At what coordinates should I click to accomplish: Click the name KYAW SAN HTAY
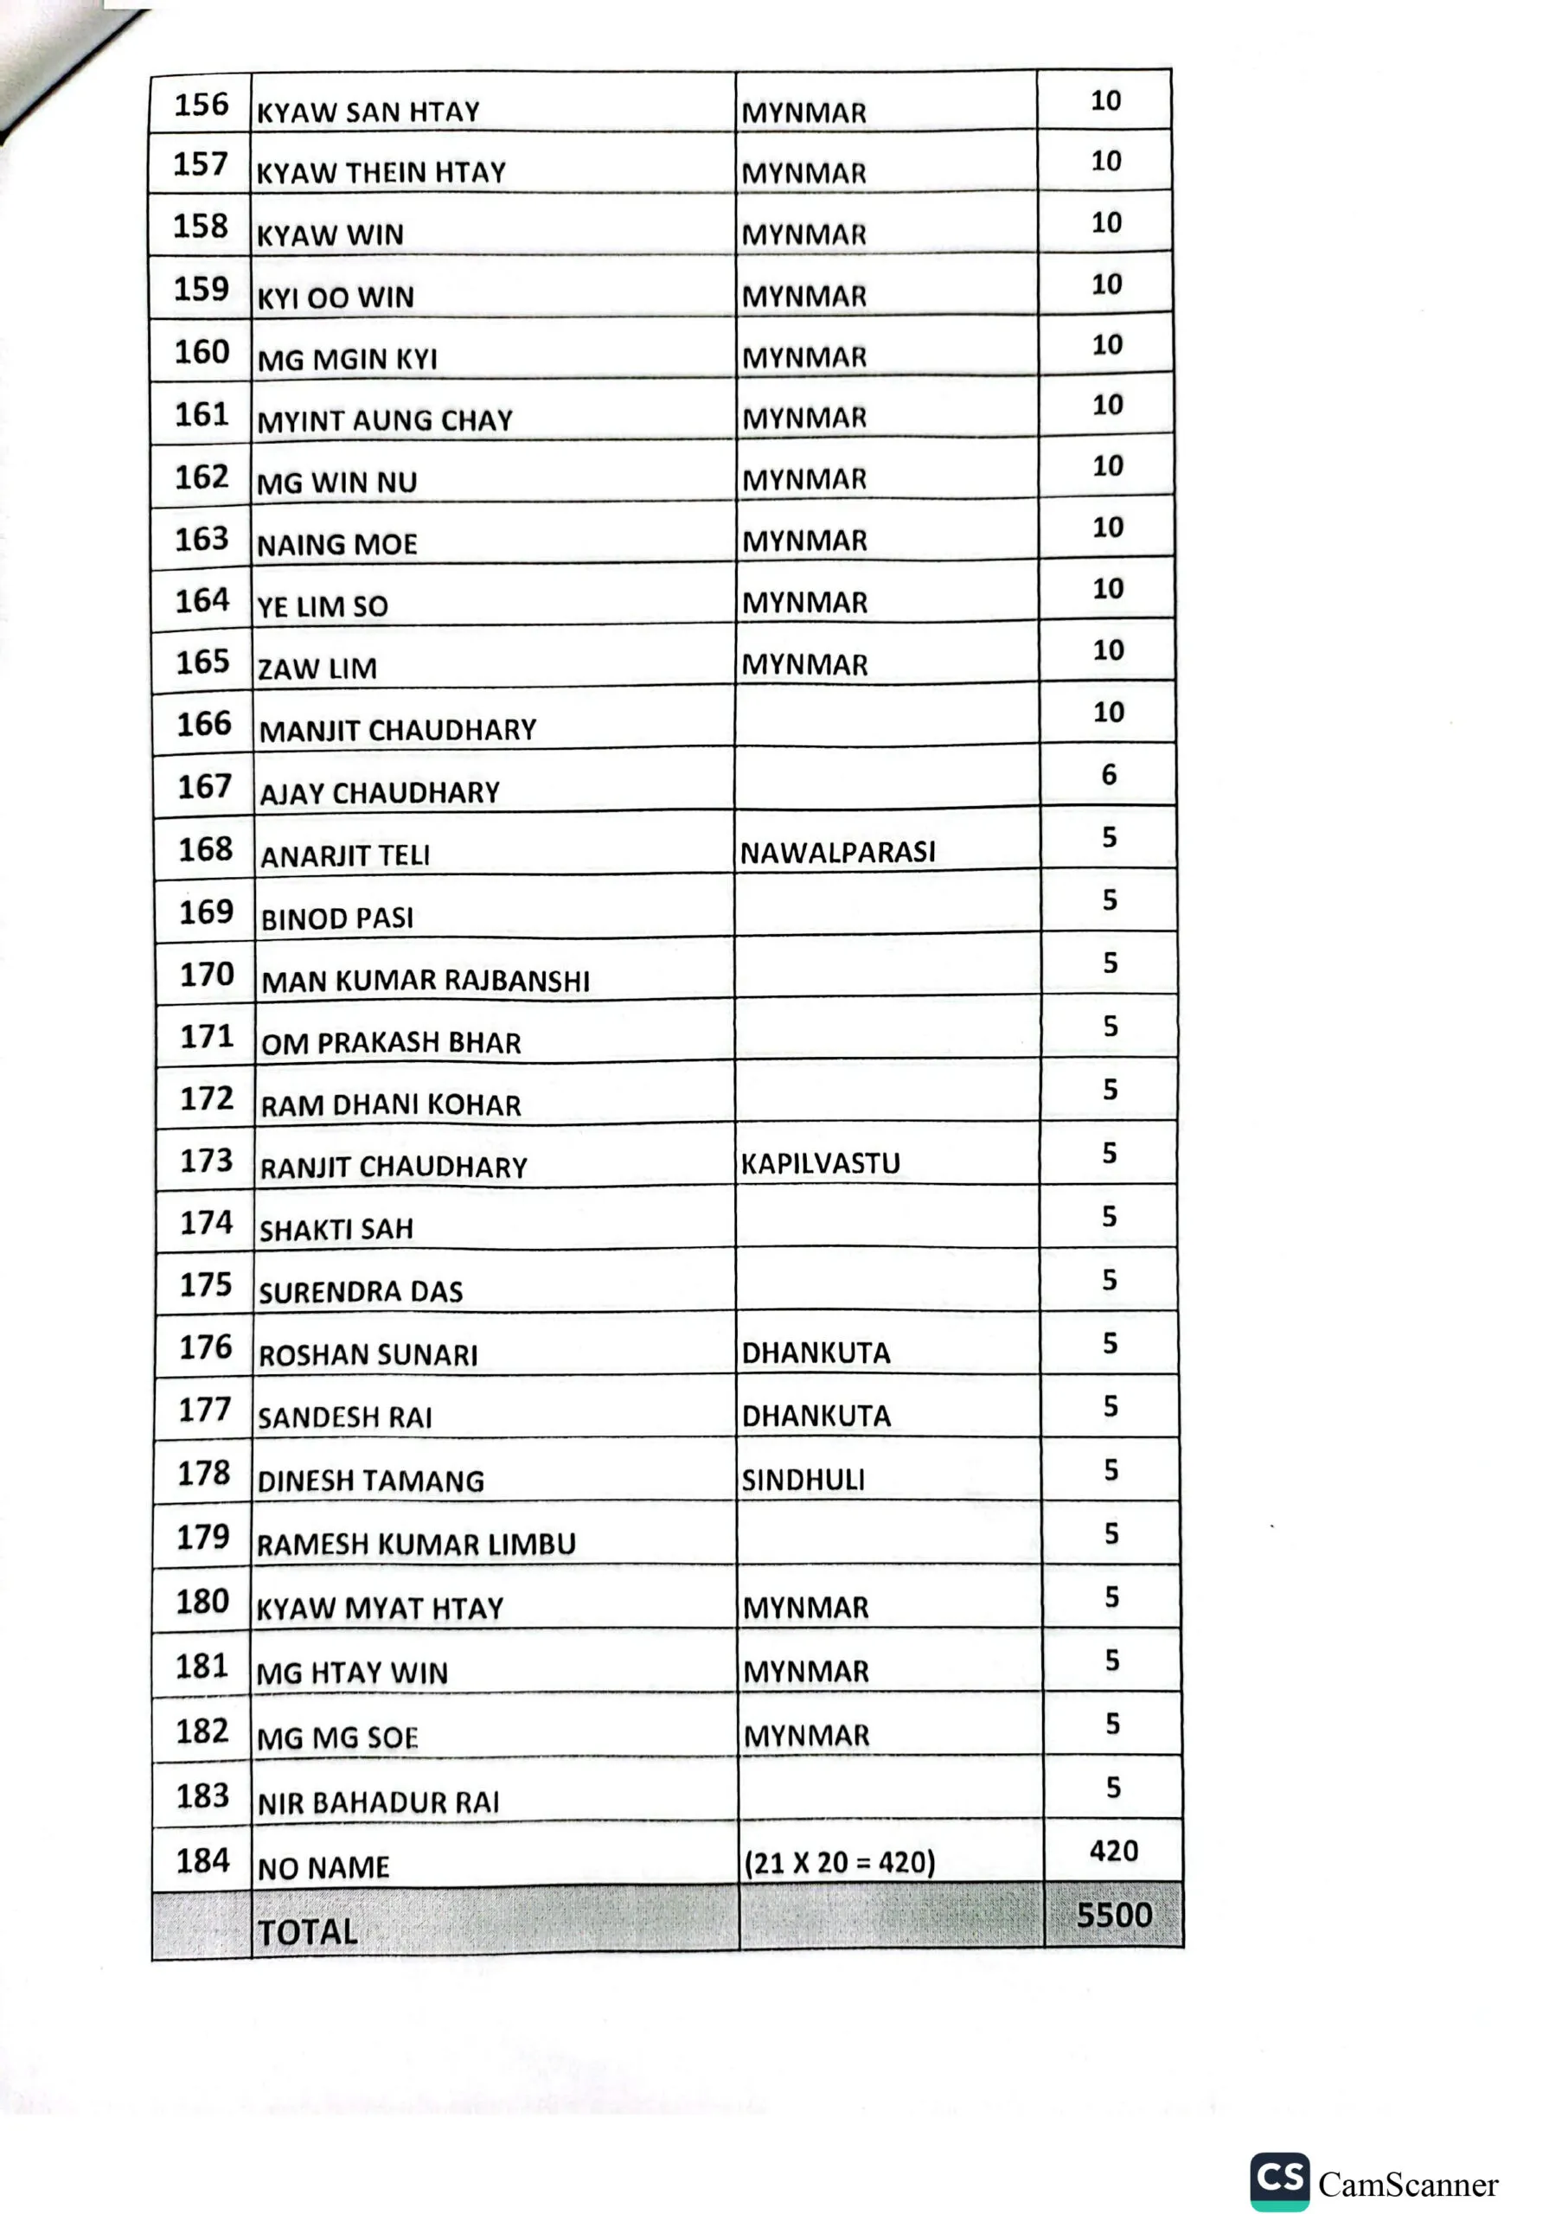(x=368, y=112)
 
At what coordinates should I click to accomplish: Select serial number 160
(x=202, y=352)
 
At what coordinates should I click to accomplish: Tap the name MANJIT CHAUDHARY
(x=397, y=730)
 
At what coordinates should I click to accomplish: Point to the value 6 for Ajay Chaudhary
(x=1109, y=774)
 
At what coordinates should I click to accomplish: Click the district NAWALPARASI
(x=837, y=852)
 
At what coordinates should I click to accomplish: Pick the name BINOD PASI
(x=336, y=918)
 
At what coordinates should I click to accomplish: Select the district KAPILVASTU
(x=820, y=1164)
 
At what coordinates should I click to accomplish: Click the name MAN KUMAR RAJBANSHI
(x=426, y=981)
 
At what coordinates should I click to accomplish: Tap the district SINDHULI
(x=803, y=1479)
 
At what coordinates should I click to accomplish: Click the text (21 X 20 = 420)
(x=839, y=1861)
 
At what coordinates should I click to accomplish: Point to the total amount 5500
(x=1114, y=1914)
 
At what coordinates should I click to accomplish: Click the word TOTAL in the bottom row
(x=308, y=1931)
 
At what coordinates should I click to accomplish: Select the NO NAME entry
(x=323, y=1868)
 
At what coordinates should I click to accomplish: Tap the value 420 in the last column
(x=1114, y=1851)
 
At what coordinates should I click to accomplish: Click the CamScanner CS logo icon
(x=1279, y=2181)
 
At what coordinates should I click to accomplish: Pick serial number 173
(x=207, y=1160)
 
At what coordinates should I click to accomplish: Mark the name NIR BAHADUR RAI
(x=378, y=1802)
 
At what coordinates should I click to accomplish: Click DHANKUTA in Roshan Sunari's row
(x=815, y=1353)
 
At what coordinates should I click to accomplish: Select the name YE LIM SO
(x=322, y=606)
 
